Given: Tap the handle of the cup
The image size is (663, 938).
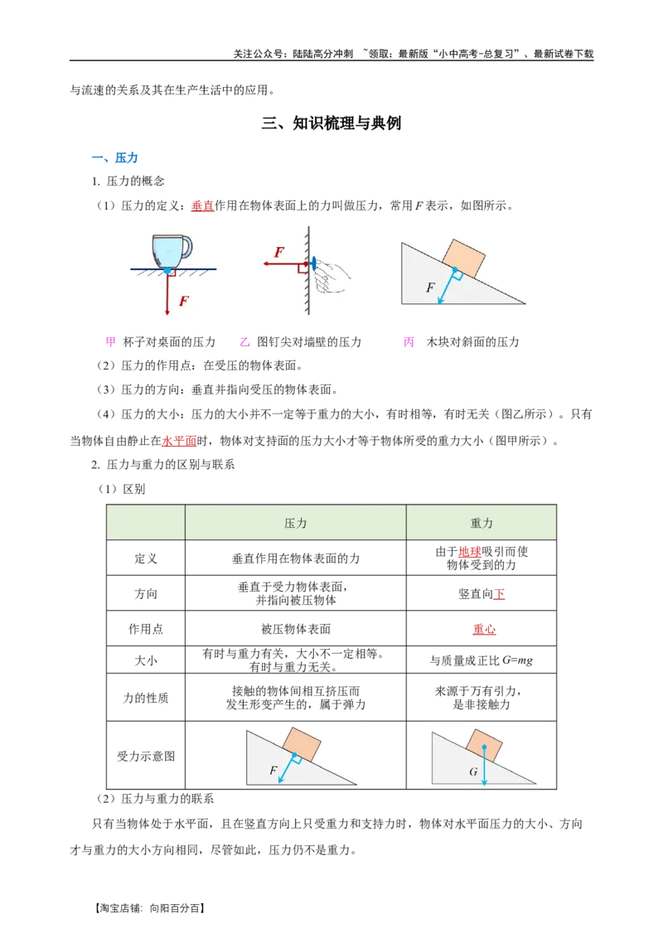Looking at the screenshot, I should [186, 246].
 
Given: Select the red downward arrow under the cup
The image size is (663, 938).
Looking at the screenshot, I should [167, 293].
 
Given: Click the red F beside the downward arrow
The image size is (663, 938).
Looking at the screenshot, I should [184, 302].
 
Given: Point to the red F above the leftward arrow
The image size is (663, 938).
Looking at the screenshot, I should [279, 252].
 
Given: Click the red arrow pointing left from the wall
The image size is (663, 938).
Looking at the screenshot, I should [282, 264].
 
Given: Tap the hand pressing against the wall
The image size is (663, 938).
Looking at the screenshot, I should [333, 273].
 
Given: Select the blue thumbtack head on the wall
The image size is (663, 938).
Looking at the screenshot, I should [314, 264].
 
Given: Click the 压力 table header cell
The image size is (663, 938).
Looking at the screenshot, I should [295, 523].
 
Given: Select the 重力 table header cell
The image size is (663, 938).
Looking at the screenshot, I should [481, 523].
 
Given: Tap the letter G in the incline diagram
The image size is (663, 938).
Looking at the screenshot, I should [473, 771].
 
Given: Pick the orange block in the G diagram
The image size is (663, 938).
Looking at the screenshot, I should [483, 744].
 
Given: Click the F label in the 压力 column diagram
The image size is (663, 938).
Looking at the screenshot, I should [273, 771].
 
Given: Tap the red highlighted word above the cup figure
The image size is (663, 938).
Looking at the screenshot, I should [201, 205].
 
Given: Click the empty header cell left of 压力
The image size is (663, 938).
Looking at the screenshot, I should [146, 523].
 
